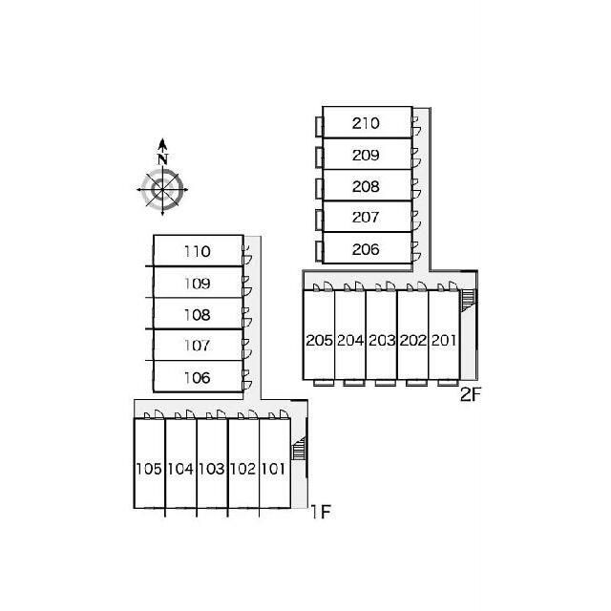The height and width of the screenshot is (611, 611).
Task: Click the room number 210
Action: pyautogui.click(x=366, y=123)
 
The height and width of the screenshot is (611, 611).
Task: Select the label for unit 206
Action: pyautogui.click(x=366, y=249)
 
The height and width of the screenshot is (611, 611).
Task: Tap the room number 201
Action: pyautogui.click(x=443, y=340)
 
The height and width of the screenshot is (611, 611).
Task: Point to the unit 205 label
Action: pyautogui.click(x=319, y=340)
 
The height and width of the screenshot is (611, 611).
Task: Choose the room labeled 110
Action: pyautogui.click(x=198, y=251)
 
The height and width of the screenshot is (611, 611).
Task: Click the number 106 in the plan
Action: pyautogui.click(x=198, y=378)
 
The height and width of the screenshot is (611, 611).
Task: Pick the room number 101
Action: pyautogui.click(x=273, y=469)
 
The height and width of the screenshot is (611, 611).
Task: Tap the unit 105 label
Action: pyautogui.click(x=149, y=469)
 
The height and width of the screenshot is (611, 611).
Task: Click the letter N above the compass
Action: pyautogui.click(x=163, y=159)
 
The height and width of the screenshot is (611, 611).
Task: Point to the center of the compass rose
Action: pyautogui.click(x=162, y=190)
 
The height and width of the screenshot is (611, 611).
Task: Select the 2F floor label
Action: pyautogui.click(x=471, y=394)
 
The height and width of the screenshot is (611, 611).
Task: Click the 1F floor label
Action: pyautogui.click(x=321, y=512)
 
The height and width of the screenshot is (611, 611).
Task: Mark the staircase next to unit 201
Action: pyautogui.click(x=468, y=300)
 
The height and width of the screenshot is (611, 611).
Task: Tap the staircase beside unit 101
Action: pyautogui.click(x=299, y=449)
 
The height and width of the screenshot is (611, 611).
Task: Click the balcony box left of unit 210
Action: pyautogui.click(x=320, y=127)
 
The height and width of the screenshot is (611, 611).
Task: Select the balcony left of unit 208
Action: pyautogui.click(x=320, y=189)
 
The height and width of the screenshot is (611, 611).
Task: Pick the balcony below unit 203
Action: pyautogui.click(x=386, y=383)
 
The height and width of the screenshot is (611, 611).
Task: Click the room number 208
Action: pyautogui.click(x=366, y=187)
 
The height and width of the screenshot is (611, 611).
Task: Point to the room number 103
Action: pyautogui.click(x=211, y=469)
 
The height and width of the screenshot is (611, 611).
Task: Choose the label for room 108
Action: pyautogui.click(x=198, y=315)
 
